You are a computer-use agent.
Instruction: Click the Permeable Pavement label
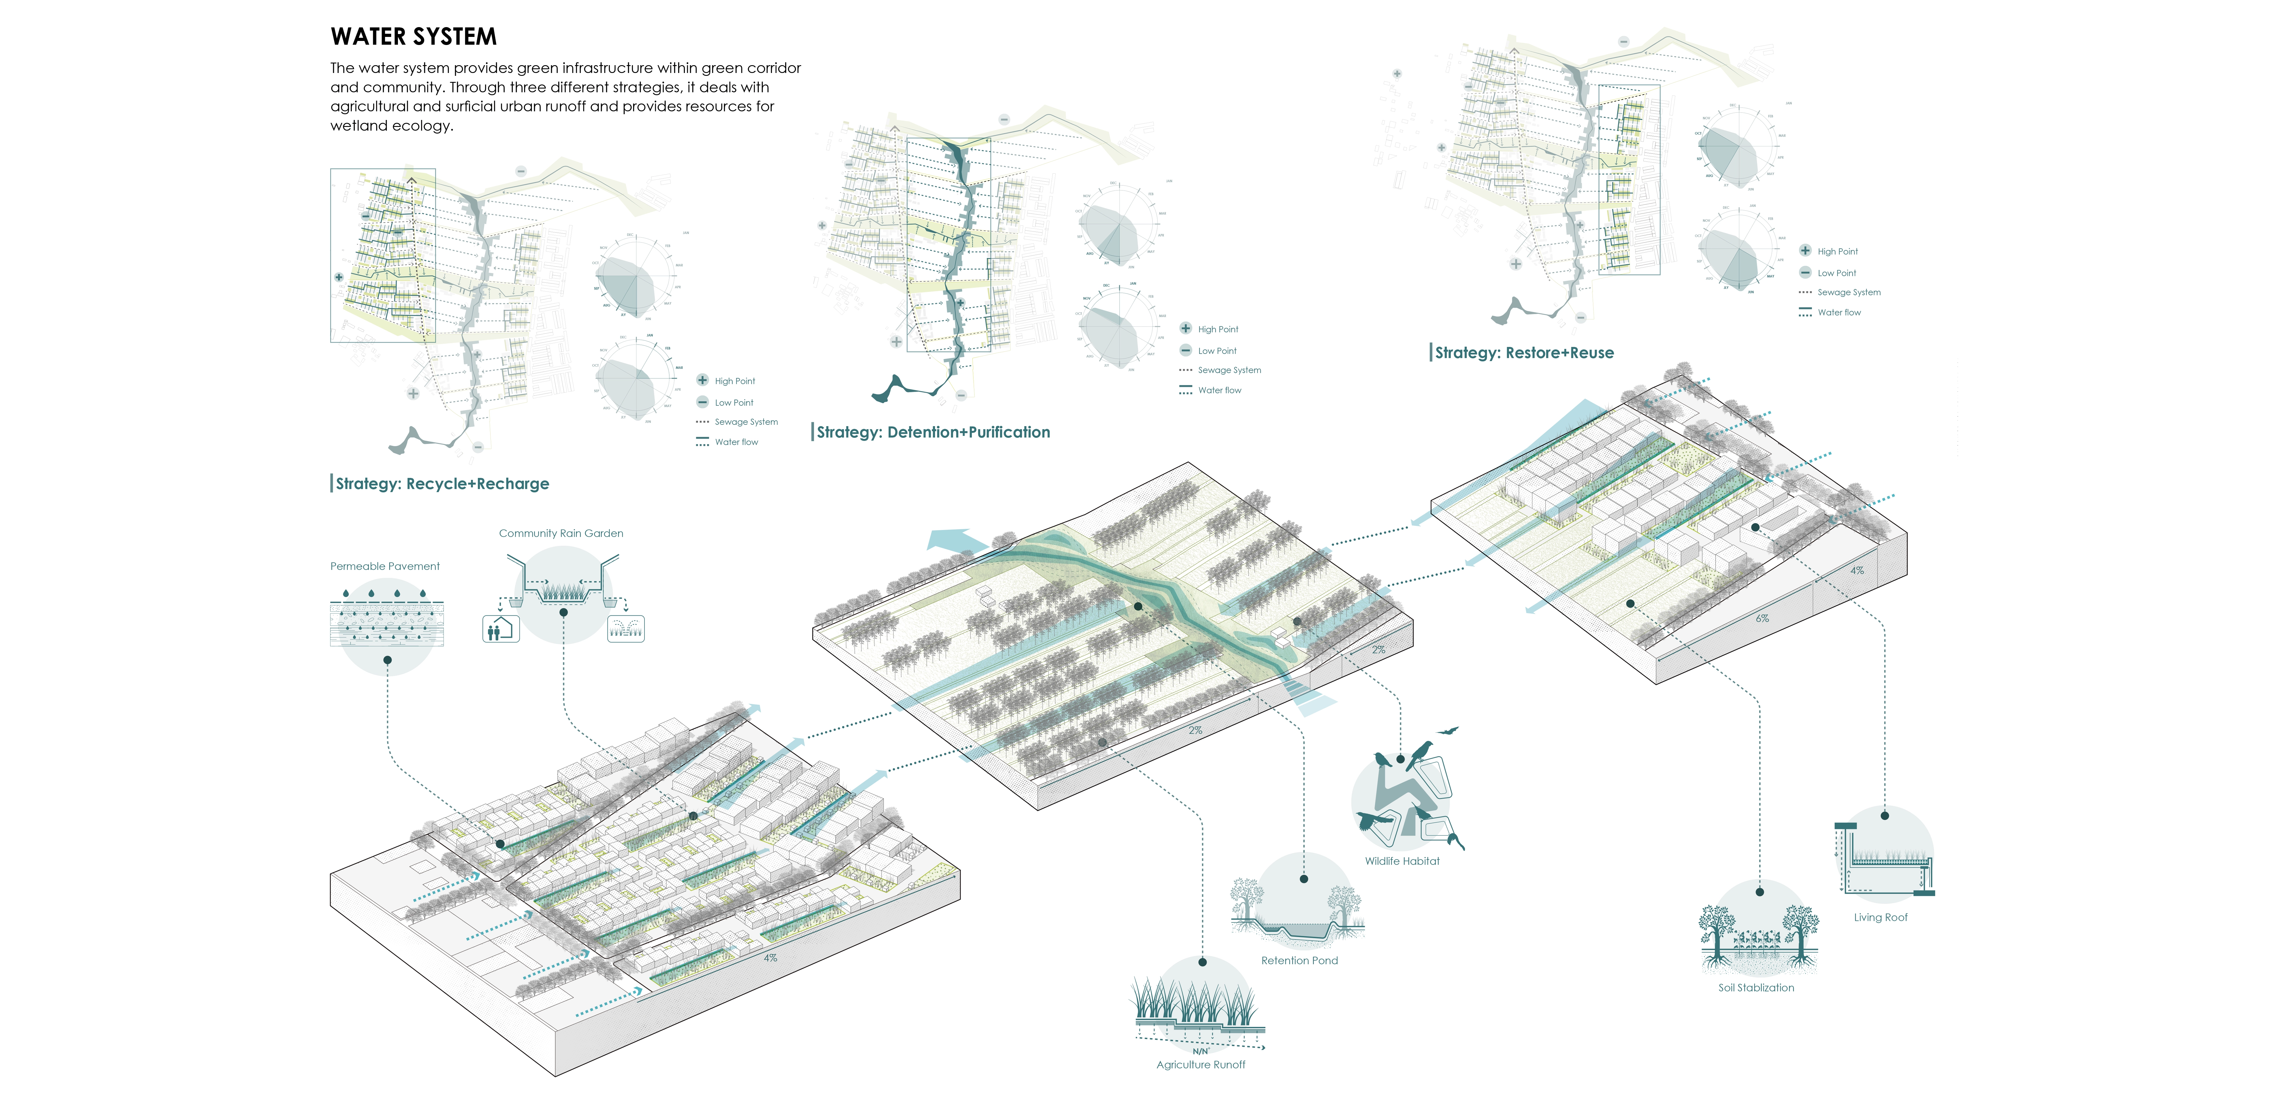pos(385,566)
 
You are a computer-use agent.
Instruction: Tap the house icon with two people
pos(500,629)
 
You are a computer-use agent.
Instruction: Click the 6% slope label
pos(1762,619)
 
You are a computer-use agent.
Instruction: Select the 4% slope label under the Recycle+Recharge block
pos(770,958)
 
